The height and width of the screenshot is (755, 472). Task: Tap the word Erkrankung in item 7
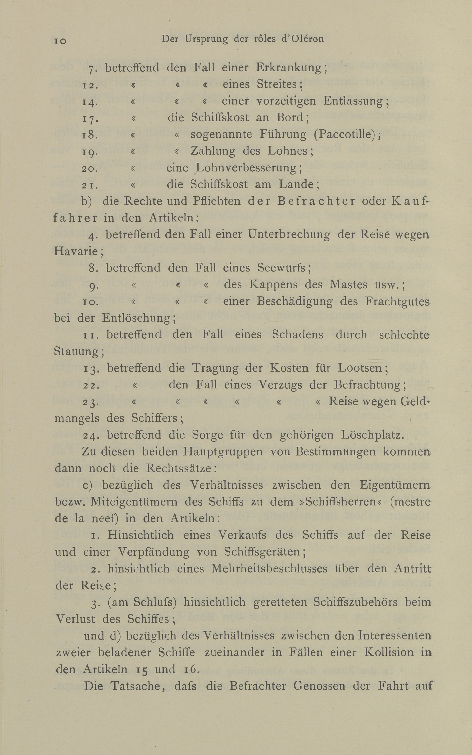coord(288,68)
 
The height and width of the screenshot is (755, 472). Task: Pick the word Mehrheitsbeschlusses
coord(269,568)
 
